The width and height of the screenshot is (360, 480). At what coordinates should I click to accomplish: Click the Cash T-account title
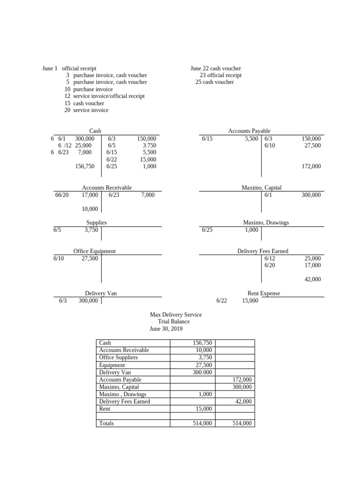tap(95, 131)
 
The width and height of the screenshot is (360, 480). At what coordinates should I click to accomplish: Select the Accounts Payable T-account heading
tap(249, 131)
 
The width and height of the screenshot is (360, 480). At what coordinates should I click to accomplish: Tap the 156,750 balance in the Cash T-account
tap(84, 166)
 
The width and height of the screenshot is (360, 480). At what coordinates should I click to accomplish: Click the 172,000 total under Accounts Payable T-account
tap(312, 166)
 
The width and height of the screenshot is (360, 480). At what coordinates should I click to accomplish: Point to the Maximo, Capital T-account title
tap(262, 187)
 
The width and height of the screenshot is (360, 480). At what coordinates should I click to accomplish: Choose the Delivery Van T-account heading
tap(101, 293)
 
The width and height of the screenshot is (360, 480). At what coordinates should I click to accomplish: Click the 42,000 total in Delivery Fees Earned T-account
tap(313, 279)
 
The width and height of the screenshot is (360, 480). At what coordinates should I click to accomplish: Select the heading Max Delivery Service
tap(176, 315)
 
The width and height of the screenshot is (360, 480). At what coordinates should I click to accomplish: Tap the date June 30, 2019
tap(166, 329)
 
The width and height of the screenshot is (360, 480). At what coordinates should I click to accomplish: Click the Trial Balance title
tap(174, 322)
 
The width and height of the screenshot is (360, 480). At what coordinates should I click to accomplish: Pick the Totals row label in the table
tap(107, 423)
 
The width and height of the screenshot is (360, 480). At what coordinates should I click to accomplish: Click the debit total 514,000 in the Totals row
tap(202, 423)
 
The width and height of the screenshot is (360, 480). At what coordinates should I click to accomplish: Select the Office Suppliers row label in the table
tap(119, 357)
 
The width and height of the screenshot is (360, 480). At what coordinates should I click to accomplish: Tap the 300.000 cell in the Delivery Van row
tap(202, 372)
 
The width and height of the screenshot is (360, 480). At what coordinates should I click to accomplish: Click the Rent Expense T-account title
tap(263, 293)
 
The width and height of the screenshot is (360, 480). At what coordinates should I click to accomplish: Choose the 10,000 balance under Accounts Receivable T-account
tap(90, 209)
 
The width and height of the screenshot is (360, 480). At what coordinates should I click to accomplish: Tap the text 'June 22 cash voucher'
tap(216, 68)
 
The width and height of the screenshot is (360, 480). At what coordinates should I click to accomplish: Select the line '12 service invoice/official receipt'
tap(105, 96)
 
